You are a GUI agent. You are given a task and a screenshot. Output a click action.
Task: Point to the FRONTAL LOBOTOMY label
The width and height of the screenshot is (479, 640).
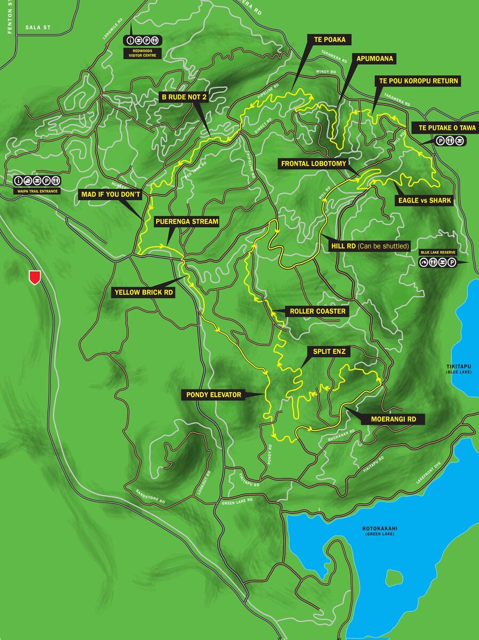(x=313, y=164)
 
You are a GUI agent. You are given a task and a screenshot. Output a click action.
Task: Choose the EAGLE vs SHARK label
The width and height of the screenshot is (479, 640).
(x=425, y=201)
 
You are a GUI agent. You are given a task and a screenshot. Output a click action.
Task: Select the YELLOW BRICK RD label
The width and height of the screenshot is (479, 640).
(x=143, y=292)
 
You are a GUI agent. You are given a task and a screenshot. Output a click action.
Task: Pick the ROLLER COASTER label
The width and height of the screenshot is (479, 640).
(x=317, y=311)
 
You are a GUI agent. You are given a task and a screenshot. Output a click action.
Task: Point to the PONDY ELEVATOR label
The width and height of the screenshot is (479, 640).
(x=214, y=395)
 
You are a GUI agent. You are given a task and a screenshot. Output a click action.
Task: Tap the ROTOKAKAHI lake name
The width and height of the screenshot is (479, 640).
(x=380, y=529)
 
